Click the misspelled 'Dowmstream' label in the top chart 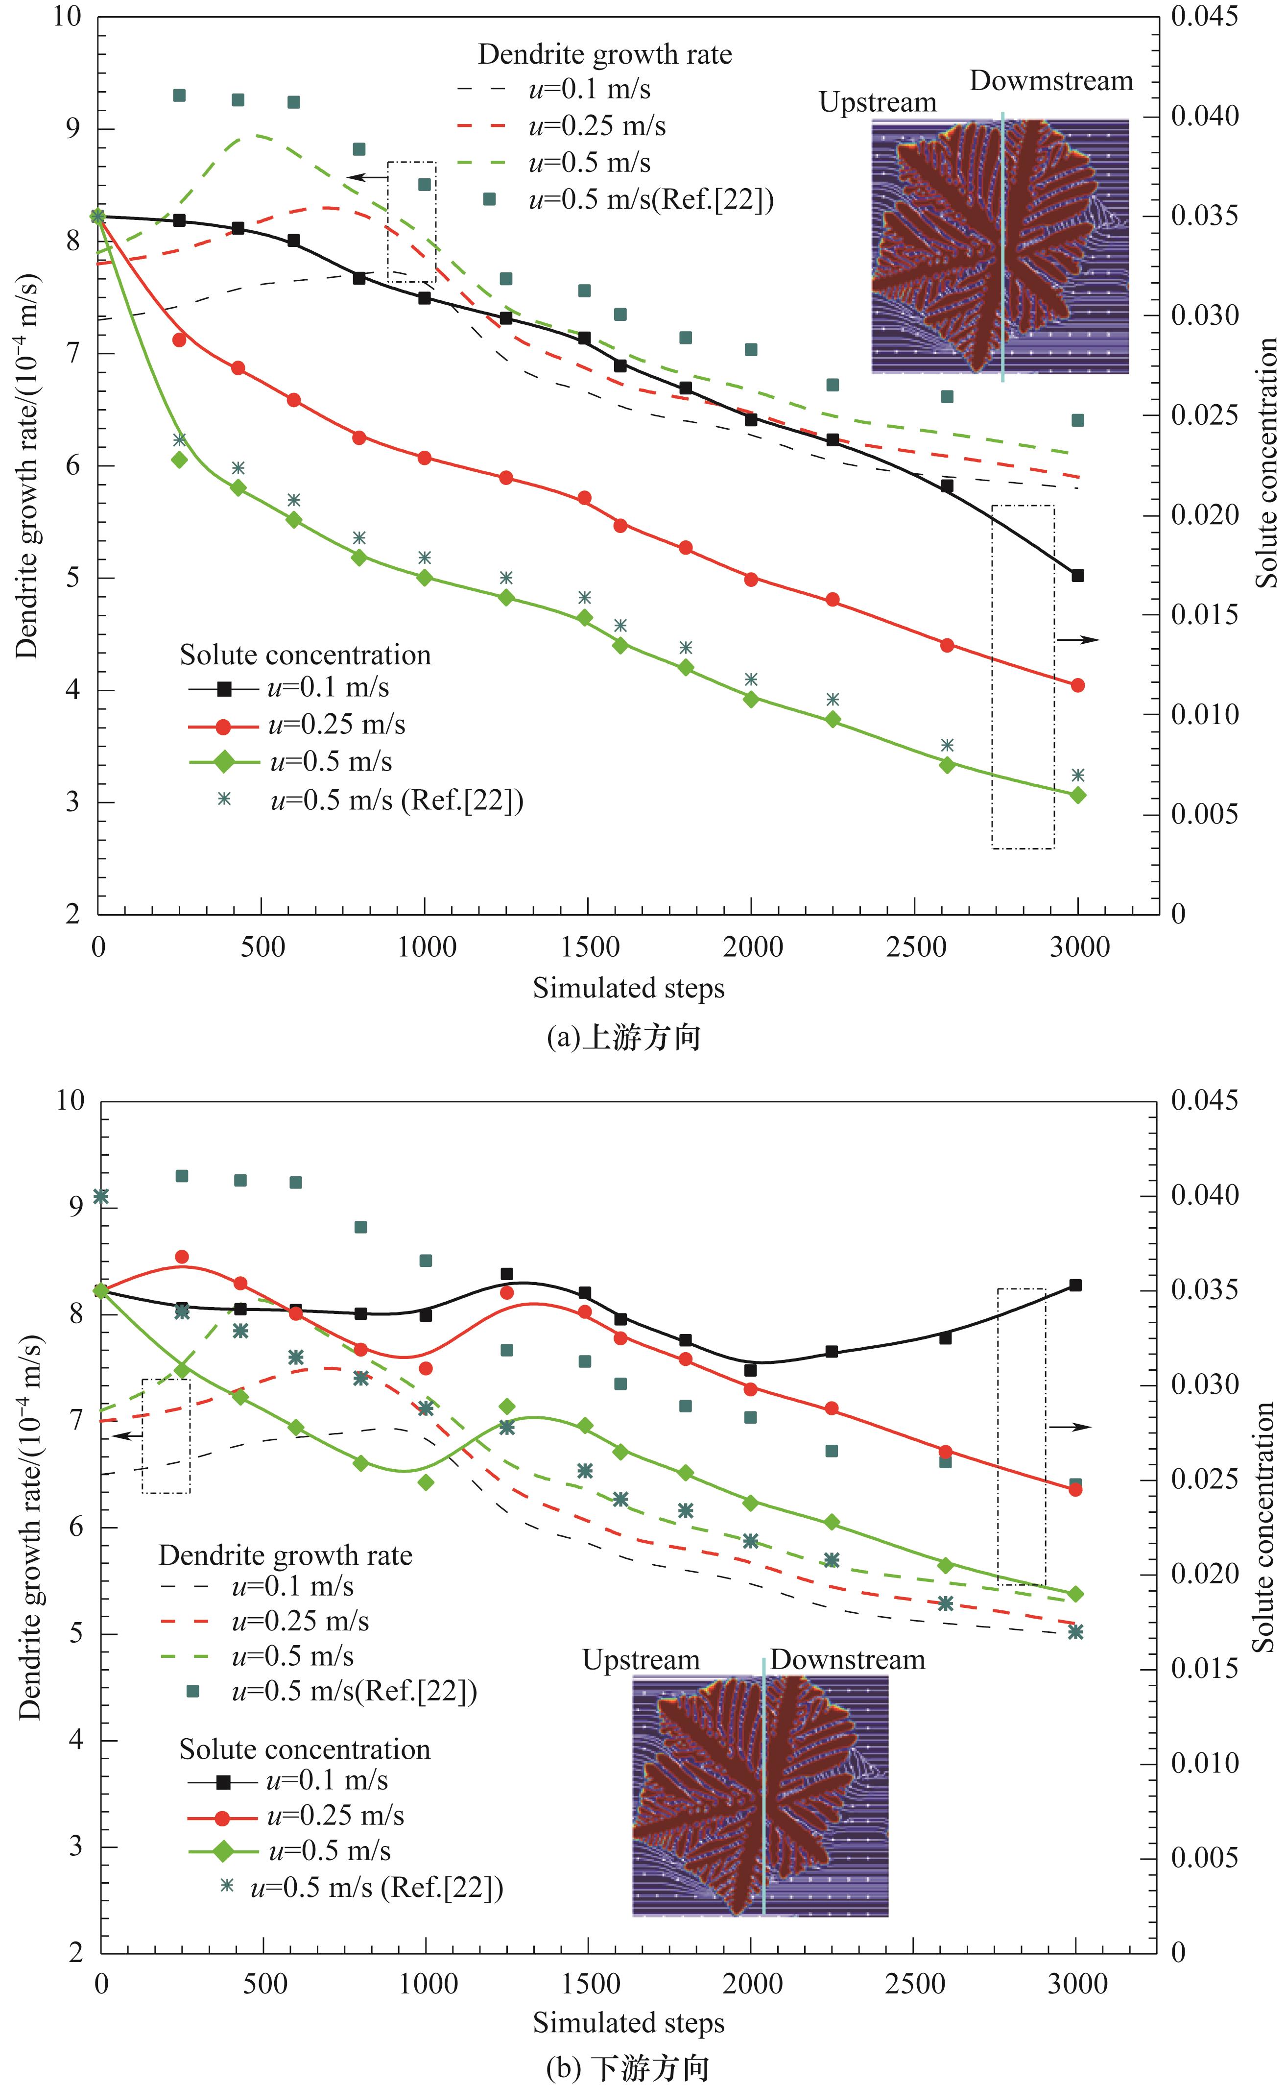click(1051, 81)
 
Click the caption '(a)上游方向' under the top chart click(623, 1038)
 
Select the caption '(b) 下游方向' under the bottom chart click(627, 2067)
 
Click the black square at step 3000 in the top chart click(1077, 576)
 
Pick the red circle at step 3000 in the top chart click(1077, 685)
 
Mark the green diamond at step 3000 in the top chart click(1077, 795)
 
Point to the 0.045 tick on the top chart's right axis click(1204, 16)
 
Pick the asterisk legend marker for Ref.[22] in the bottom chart click(226, 1885)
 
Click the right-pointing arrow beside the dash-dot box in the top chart click(1077, 639)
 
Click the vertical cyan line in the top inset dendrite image click(1002, 247)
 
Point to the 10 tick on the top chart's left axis click(68, 16)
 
